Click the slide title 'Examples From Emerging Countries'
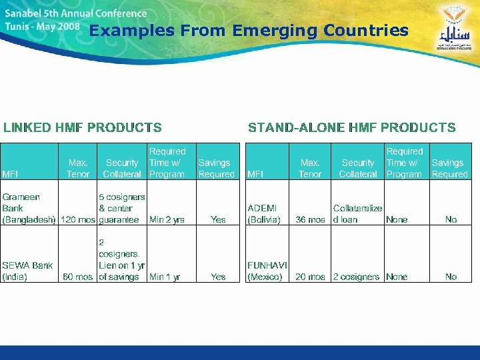(x=248, y=31)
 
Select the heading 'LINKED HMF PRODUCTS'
(x=83, y=127)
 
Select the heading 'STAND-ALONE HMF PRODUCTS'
(x=351, y=127)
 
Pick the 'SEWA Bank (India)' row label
(x=27, y=271)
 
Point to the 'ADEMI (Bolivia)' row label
(x=264, y=213)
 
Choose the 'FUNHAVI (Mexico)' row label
(x=267, y=271)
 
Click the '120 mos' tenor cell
(x=78, y=219)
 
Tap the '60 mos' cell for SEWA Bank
(x=78, y=277)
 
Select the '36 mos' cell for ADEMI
(x=311, y=219)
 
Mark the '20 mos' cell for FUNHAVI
(x=311, y=277)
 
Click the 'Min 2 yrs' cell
(x=167, y=219)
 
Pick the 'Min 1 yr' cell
(x=165, y=277)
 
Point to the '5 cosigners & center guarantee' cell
(x=121, y=208)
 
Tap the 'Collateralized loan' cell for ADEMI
(x=357, y=213)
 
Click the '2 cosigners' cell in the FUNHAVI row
(x=356, y=277)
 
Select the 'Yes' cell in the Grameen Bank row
(x=218, y=219)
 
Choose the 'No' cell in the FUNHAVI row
(x=451, y=277)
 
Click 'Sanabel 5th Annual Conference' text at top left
(x=76, y=13)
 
